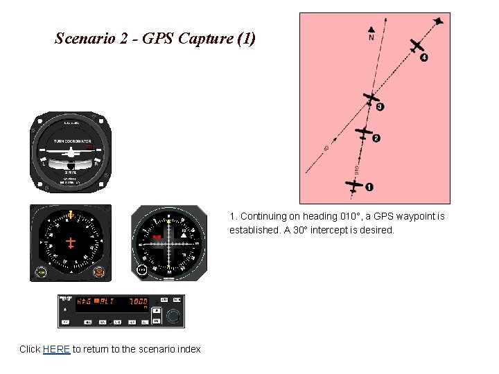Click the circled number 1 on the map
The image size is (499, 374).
pos(369,186)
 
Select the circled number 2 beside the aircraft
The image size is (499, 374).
pos(376,139)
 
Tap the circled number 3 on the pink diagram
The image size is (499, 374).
pos(380,107)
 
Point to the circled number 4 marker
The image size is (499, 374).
pos(424,57)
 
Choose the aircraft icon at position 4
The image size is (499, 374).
pos(416,46)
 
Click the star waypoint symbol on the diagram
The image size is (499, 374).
pos(439,21)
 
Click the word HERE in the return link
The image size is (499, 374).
pos(56,349)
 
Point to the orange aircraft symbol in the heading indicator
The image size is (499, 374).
pos(71,242)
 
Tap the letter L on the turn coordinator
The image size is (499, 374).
pos(44,164)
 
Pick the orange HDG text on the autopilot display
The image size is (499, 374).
pos(84,301)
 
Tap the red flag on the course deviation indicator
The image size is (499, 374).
pos(157,238)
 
